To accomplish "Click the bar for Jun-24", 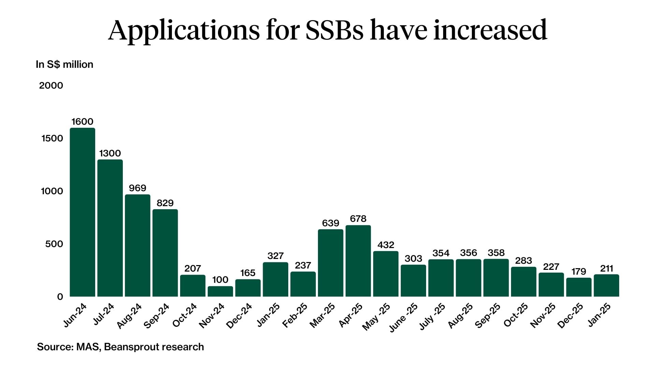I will coord(82,212).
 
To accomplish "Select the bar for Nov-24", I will coord(220,291).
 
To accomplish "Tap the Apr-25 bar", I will coord(358,261).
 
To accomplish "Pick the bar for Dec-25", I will coord(579,287).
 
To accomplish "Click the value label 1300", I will coord(110,153).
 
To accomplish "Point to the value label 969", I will coord(137,188).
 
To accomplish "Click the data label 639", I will coord(331,223).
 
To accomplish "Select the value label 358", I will coord(496,253).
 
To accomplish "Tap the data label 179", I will coord(579,272).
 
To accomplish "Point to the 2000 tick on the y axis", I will coord(51,86).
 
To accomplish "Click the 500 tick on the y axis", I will coord(54,244).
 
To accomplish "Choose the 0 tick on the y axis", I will coord(60,297).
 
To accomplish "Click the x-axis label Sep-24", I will coord(157,316).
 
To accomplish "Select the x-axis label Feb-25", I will coord(295,316).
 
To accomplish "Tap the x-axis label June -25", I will coord(403,317).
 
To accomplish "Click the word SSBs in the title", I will coord(334,30).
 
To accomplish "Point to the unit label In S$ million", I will coord(64,64).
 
